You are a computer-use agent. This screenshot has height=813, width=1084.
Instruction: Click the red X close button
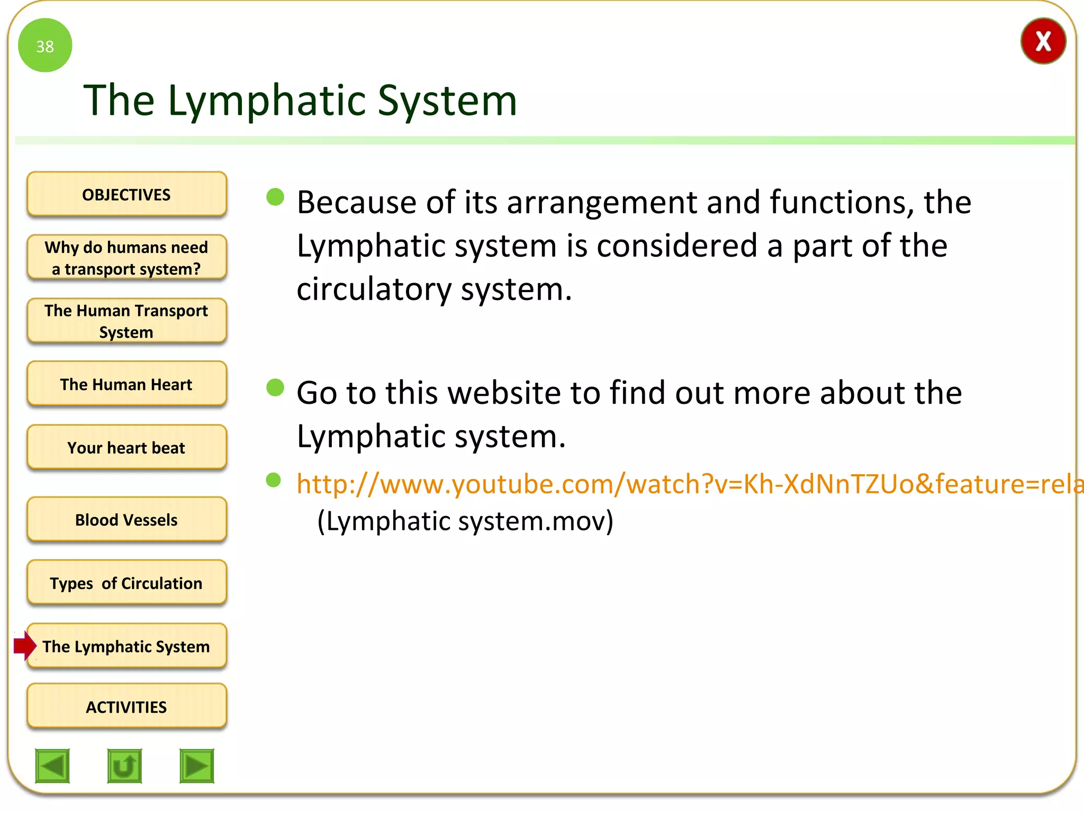[1043, 41]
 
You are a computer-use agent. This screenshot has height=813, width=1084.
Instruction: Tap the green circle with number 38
[45, 46]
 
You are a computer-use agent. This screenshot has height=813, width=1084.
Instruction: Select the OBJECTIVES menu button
[127, 194]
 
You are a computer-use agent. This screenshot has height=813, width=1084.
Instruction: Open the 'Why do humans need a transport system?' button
[127, 258]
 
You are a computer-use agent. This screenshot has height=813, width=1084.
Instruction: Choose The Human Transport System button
[127, 321]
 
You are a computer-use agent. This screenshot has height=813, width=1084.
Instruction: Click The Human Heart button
[127, 384]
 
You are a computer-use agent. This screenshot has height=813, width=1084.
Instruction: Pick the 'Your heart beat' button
[127, 448]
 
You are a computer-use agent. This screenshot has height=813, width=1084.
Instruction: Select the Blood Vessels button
[127, 520]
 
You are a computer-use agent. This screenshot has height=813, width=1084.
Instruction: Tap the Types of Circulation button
[127, 583]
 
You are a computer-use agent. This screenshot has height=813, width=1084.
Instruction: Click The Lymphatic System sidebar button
[127, 646]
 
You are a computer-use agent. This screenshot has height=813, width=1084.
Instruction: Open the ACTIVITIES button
[127, 707]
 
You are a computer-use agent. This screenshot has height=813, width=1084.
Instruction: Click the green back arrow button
[52, 765]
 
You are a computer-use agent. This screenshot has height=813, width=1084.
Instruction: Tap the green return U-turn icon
[124, 765]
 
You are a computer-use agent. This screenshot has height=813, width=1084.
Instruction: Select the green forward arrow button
[197, 765]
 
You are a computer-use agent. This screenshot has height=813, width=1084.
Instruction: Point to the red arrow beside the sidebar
[24, 646]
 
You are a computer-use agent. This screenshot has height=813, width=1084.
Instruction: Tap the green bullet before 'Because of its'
[275, 197]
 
